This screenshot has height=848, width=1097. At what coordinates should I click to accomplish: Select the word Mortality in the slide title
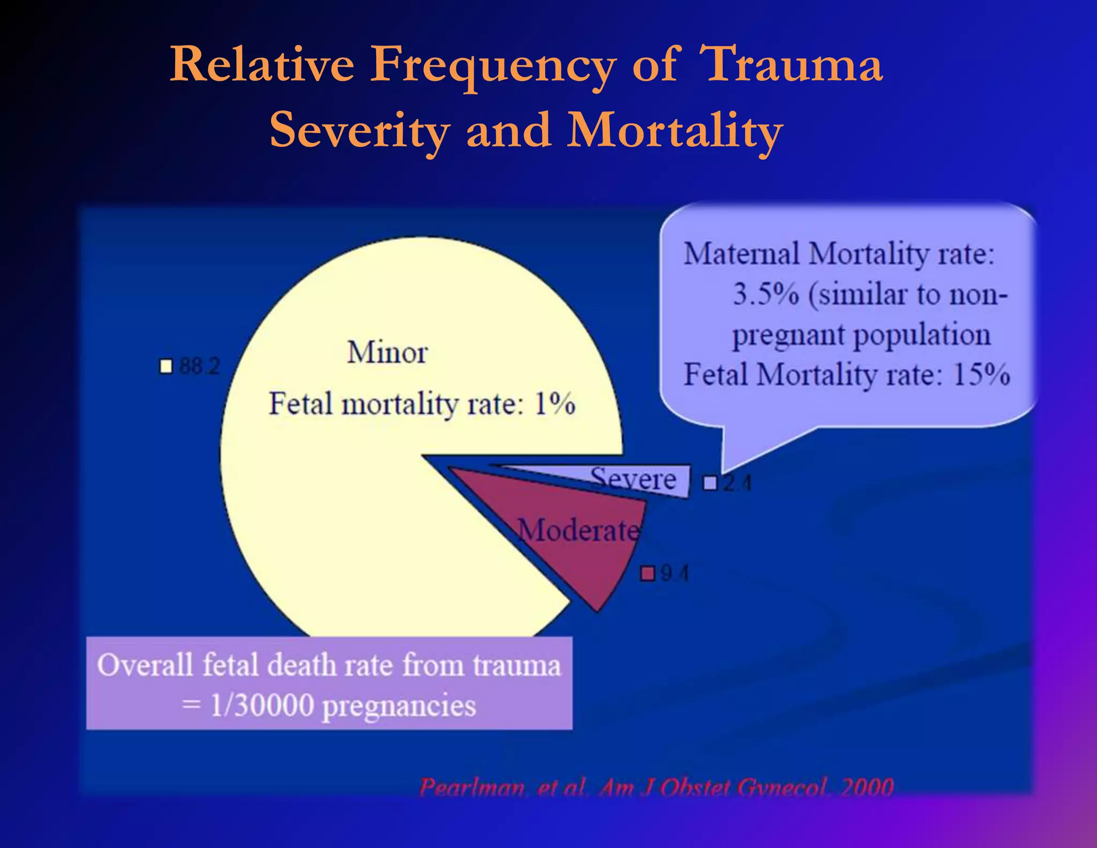click(675, 130)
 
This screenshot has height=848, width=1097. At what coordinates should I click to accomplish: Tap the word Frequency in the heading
click(493, 65)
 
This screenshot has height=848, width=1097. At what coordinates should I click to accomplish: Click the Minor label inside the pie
click(387, 353)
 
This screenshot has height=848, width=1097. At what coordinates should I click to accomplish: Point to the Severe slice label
click(633, 478)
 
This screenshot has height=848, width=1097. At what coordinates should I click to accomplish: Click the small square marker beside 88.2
click(167, 367)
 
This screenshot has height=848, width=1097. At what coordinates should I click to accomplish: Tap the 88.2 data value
click(199, 367)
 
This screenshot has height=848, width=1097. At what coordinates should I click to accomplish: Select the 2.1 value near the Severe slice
click(737, 483)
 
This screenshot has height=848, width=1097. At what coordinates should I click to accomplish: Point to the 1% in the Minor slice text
click(555, 404)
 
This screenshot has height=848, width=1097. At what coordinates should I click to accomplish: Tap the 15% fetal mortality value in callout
click(981, 375)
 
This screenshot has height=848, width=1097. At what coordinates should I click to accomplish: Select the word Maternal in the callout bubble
click(741, 254)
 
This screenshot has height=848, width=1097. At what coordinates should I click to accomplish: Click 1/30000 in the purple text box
click(262, 705)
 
